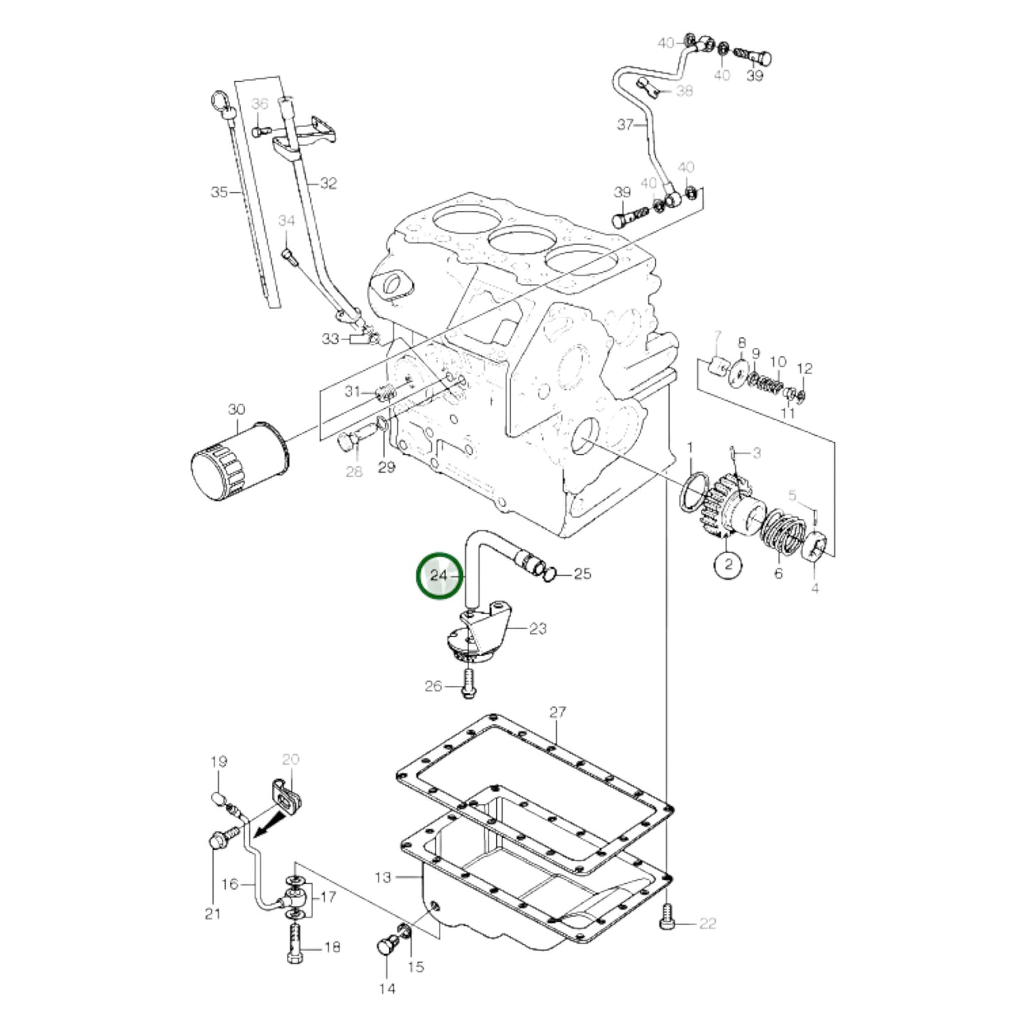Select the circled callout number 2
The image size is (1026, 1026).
[x=728, y=565]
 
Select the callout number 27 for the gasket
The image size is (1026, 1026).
[x=557, y=712]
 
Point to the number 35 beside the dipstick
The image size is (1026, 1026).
[x=219, y=192]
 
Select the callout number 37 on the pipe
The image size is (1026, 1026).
[x=625, y=125]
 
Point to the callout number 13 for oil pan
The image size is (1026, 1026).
[x=383, y=878]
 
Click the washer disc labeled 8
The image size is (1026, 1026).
[x=739, y=373]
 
